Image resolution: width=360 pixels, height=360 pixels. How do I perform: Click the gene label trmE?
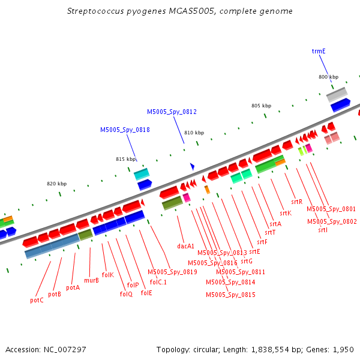pyautogui.click(x=319, y=51)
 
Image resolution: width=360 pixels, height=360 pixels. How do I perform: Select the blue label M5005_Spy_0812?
pyautogui.click(x=172, y=112)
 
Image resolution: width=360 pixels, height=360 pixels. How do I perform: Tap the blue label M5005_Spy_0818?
pyautogui.click(x=125, y=130)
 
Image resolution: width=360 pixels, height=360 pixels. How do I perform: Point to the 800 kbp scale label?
pyautogui.click(x=328, y=77)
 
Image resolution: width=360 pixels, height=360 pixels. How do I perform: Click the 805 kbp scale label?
pyautogui.click(x=261, y=106)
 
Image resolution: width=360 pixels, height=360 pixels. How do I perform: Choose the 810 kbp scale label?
pyautogui.click(x=194, y=133)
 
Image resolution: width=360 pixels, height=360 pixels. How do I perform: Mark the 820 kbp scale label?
pyautogui.click(x=57, y=184)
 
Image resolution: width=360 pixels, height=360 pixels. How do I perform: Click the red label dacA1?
pyautogui.click(x=185, y=246)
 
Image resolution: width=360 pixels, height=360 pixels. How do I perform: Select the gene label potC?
pyautogui.click(x=37, y=301)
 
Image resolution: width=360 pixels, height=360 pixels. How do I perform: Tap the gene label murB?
pyautogui.click(x=91, y=280)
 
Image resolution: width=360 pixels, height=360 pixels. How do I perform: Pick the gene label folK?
pyautogui.click(x=107, y=275)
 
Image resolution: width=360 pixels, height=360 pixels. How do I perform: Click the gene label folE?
pyautogui.click(x=146, y=293)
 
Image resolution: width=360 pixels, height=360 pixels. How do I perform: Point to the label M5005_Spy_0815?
pyautogui.click(x=230, y=295)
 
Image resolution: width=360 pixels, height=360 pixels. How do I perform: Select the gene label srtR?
pyautogui.click(x=296, y=202)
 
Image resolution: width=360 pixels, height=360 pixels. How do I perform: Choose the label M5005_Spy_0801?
pyautogui.click(x=331, y=209)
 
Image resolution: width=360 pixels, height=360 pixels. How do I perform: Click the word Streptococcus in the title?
pyautogui.click(x=95, y=11)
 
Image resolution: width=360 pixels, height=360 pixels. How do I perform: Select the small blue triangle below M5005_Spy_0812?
pyautogui.click(x=193, y=166)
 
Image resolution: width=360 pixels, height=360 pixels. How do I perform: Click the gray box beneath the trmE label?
pyautogui.click(x=337, y=95)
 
